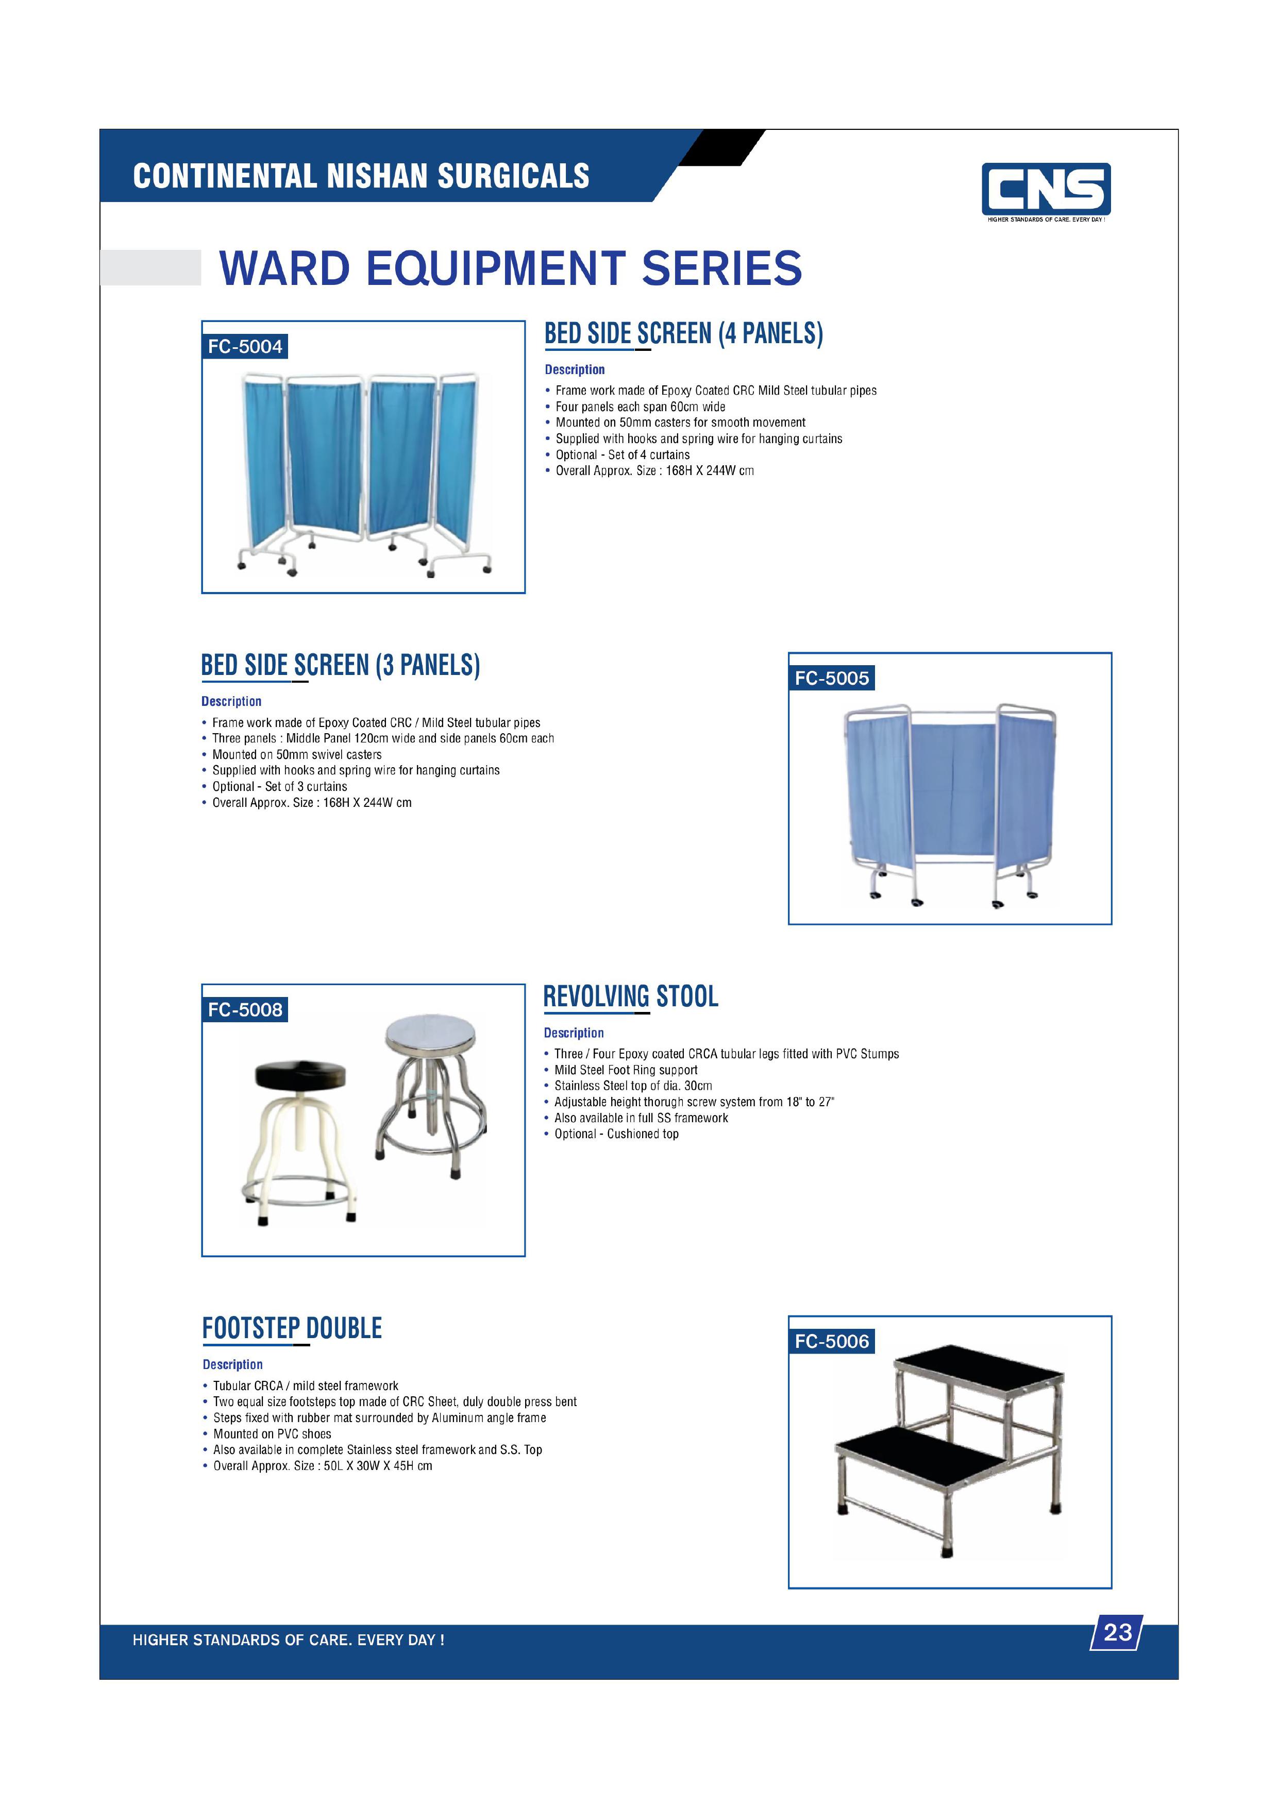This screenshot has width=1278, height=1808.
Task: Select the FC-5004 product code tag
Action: [245, 346]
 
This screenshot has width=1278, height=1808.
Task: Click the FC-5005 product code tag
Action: [832, 678]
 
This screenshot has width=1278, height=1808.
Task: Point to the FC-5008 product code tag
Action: [245, 1009]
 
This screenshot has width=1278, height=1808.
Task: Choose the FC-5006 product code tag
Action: [832, 1341]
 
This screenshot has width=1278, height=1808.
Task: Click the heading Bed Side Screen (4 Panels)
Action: [683, 334]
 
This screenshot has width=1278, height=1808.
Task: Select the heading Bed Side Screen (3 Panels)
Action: [340, 665]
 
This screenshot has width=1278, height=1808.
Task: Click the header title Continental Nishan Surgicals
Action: [361, 176]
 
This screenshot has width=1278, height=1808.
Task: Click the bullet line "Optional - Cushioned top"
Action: [616, 1134]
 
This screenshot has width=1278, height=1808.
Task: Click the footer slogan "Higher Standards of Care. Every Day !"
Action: [288, 1640]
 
